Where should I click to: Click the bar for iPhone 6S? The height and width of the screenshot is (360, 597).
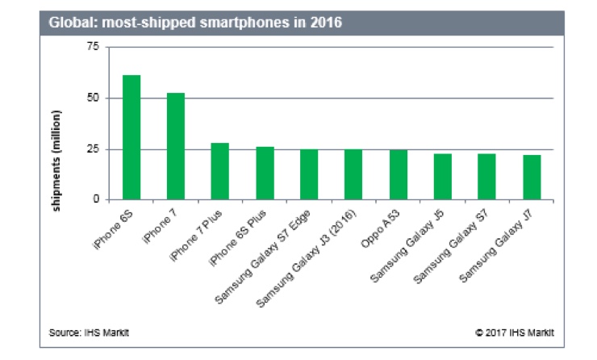[132, 137]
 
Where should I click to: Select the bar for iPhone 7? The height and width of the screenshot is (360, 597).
[176, 146]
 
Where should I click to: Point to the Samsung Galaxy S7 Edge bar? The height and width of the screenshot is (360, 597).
[309, 174]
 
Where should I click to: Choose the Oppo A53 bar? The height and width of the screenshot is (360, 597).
[398, 174]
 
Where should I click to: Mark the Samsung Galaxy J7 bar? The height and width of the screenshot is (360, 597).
[531, 177]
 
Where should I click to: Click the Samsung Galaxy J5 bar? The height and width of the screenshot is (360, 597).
[442, 176]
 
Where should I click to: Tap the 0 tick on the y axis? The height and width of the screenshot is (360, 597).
[95, 199]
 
